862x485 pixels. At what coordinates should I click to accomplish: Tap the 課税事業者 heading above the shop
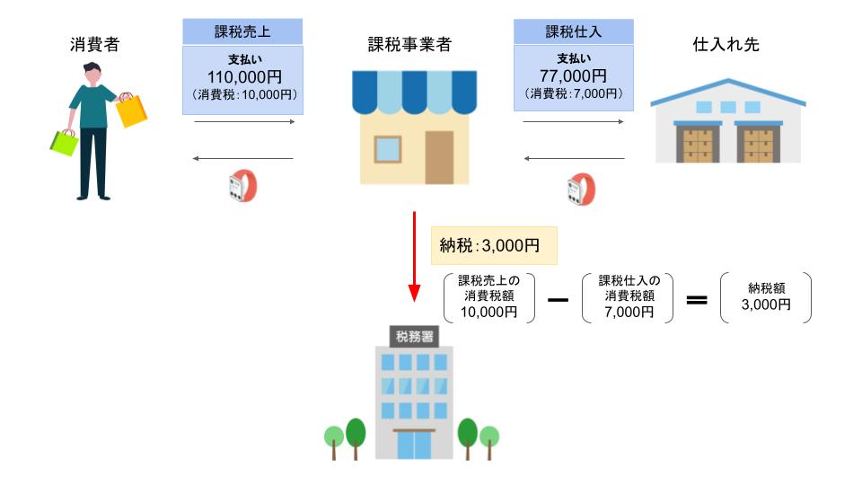coord(409,44)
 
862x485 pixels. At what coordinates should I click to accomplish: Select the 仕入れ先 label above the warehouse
coord(726,44)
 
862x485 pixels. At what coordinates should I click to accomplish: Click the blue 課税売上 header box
coord(242,31)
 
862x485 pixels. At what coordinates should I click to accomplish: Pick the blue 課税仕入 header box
coord(573,31)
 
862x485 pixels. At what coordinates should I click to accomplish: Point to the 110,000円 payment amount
coord(242,76)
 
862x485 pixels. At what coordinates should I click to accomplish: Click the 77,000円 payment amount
coord(573,76)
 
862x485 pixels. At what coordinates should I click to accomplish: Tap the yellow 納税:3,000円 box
coord(495,244)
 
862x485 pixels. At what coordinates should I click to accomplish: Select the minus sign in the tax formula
coord(559,297)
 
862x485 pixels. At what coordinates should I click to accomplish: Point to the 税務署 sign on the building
coord(414,337)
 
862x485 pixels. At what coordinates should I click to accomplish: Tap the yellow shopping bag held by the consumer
coord(132,110)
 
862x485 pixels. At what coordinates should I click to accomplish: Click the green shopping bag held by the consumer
coord(64,142)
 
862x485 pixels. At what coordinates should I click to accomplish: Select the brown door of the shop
coord(439,157)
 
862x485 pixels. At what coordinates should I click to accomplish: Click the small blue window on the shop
coord(388,147)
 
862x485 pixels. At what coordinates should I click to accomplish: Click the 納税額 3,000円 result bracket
coord(766,297)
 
